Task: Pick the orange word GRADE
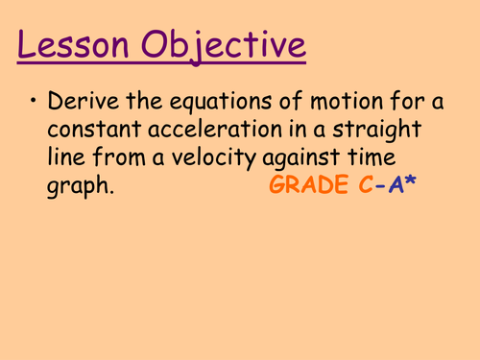(x=318, y=188)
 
